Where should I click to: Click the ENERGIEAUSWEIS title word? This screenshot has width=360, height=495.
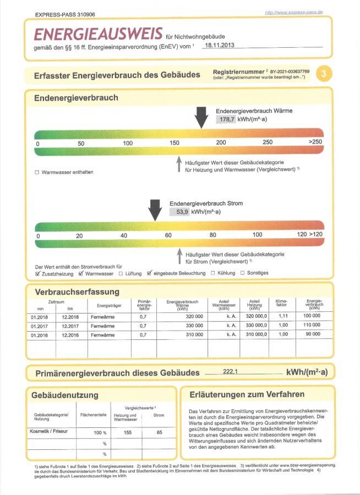[98, 34]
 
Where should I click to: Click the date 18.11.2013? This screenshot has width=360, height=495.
[219, 45]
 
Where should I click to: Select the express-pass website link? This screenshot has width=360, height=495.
[293, 12]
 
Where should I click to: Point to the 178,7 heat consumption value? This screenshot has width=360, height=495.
[226, 119]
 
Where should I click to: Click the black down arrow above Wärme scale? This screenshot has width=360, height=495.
[201, 117]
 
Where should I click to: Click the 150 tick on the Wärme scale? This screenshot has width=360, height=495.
[174, 143]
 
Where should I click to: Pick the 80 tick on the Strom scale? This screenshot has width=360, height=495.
[212, 235]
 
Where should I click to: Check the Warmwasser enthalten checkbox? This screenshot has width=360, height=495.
[37, 173]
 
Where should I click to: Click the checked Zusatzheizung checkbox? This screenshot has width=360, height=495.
[37, 273]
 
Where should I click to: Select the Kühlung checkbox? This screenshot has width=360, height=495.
[213, 273]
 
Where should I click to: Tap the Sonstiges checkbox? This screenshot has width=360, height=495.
[242, 273]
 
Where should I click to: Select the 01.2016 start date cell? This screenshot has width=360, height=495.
[40, 335]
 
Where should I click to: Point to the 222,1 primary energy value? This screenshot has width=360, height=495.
[230, 372]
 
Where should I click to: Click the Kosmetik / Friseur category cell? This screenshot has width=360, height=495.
[48, 432]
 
